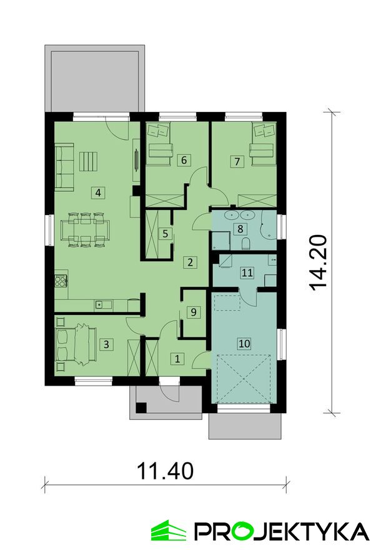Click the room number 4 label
(x=99, y=192)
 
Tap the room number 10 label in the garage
(x=244, y=343)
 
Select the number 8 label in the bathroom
(x=240, y=229)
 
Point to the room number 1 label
(x=177, y=359)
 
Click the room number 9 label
(x=194, y=311)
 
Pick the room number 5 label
(x=165, y=233)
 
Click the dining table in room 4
(x=85, y=230)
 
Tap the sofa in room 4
(x=64, y=167)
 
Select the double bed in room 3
(x=76, y=344)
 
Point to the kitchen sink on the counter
(x=104, y=304)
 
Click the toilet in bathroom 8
(x=246, y=242)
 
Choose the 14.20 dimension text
(x=319, y=262)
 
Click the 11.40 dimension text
(x=165, y=471)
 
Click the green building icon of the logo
(x=169, y=530)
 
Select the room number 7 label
(x=237, y=161)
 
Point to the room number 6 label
(x=184, y=160)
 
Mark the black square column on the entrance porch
(x=141, y=408)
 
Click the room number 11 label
(x=247, y=272)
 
